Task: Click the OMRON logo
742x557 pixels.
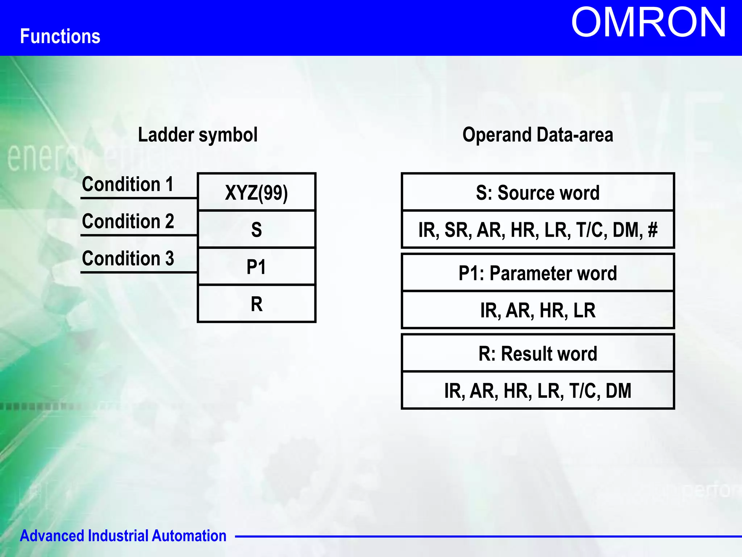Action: coord(648,23)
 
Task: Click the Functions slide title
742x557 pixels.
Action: coord(60,37)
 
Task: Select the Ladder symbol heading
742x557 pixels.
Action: coord(198,135)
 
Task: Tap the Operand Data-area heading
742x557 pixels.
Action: coord(538,135)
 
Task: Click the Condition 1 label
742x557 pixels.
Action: coord(128,184)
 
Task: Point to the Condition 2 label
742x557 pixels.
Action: coord(128,221)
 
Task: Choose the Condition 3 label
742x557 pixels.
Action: coord(128,259)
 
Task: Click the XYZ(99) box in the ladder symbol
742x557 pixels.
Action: coord(257,193)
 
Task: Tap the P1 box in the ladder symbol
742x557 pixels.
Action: coord(257,267)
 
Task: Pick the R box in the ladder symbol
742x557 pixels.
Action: coord(257,304)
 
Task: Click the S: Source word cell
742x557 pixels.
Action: coord(538,193)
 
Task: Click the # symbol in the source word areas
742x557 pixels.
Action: coord(653,230)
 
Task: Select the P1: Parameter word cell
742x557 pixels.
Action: coord(538,273)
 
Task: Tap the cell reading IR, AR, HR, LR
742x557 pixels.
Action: coord(538,310)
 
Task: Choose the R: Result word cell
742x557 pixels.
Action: coord(538,354)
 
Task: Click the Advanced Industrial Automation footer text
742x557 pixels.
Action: coord(123,536)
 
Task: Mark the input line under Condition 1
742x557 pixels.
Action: coord(138,198)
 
